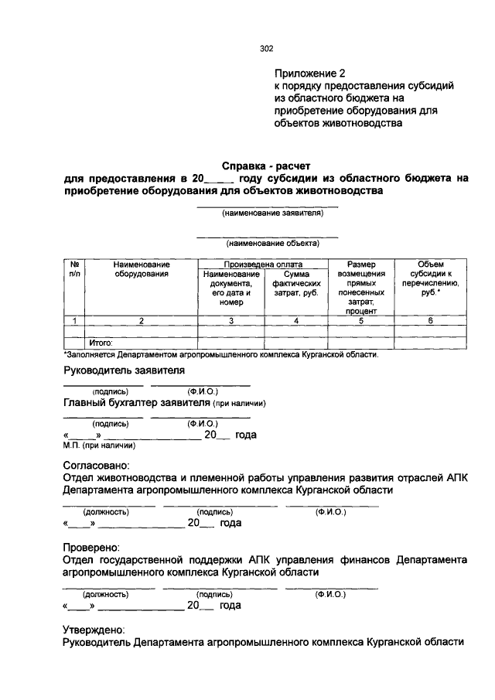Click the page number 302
pyautogui.click(x=267, y=49)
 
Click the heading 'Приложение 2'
pyautogui.click(x=305, y=73)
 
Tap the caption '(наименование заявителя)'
pyautogui.click(x=267, y=213)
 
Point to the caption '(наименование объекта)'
pyautogui.click(x=267, y=242)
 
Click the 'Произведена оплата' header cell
pyautogui.click(x=263, y=264)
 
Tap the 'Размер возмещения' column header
pyautogui.click(x=360, y=287)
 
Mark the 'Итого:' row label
pyautogui.click(x=101, y=341)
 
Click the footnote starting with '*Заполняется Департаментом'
pyautogui.click(x=220, y=353)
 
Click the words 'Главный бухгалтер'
pyautogui.click(x=111, y=403)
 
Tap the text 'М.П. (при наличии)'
pyautogui.click(x=100, y=446)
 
